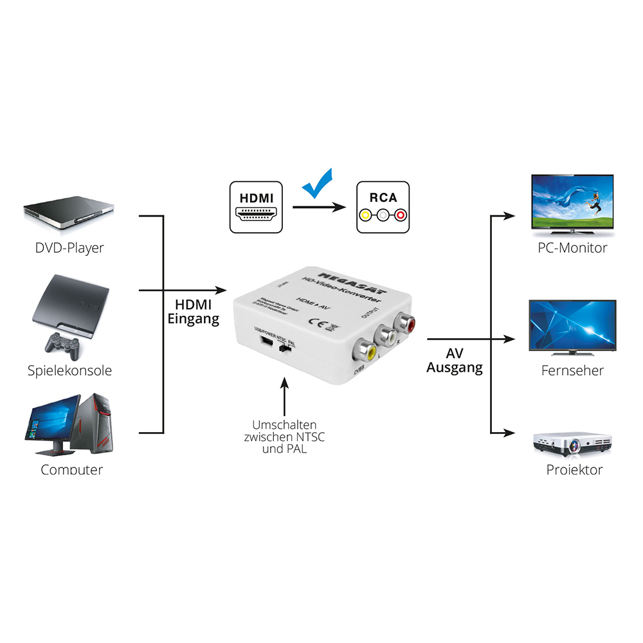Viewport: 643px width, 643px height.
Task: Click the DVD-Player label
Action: pos(69,248)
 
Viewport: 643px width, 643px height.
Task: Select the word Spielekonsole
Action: pos(69,370)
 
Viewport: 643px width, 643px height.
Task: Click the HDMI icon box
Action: pos(256,206)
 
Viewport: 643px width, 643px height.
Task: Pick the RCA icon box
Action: pos(383,206)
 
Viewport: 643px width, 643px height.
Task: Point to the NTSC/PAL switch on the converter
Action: pos(285,349)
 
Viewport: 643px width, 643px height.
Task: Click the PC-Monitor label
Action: pos(572,248)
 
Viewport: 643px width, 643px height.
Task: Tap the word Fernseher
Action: pos(572,370)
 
